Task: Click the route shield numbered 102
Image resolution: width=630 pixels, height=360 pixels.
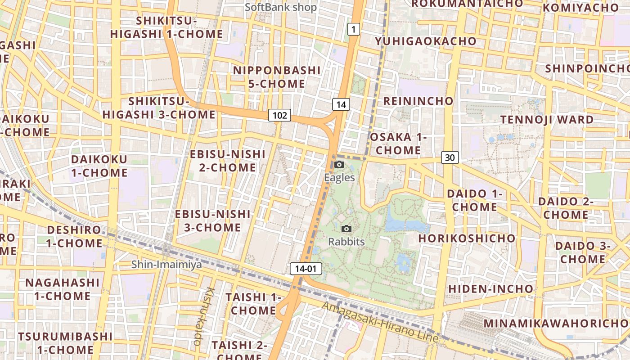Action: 279,115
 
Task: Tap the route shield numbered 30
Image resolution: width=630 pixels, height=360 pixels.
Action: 450,157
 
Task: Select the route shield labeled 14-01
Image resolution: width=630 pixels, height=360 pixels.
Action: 306,269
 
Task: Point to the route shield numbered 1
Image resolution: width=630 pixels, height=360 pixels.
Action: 354,30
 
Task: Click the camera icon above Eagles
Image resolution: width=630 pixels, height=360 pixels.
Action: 340,165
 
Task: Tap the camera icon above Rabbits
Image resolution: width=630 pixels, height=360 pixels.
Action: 346,229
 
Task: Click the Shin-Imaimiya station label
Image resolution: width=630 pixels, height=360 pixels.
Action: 166,265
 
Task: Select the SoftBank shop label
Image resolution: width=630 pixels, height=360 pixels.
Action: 281,7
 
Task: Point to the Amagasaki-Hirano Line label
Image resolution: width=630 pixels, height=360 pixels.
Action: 380,321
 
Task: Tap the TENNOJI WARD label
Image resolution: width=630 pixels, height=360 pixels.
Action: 547,120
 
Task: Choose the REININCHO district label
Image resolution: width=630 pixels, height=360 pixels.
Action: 418,101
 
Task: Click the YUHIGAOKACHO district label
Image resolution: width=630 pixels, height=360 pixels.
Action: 426,41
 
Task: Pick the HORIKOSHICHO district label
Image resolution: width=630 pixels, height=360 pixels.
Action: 467,238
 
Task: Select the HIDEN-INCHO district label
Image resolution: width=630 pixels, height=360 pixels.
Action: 490,288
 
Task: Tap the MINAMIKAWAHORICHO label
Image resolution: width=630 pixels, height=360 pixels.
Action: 556,324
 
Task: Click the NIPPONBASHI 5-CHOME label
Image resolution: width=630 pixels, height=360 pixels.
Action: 277,77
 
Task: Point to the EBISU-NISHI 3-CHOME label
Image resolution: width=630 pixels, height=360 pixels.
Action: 212,220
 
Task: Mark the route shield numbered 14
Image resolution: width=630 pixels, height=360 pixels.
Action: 341,105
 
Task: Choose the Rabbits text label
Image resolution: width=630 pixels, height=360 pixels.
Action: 346,242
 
